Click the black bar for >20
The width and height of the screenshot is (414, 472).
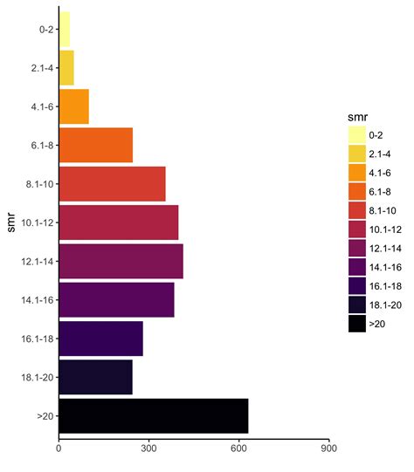(x=154, y=415)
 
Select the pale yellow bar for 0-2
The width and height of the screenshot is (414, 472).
(x=65, y=29)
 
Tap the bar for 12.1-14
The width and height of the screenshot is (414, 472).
(x=121, y=261)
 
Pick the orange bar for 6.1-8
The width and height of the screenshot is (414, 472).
(x=96, y=145)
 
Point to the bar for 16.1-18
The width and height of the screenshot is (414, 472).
(x=101, y=339)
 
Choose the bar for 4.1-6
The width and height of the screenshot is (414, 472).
(x=74, y=106)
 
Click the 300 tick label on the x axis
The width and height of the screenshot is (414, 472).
(x=148, y=449)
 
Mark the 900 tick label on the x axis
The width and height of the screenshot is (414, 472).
(x=329, y=449)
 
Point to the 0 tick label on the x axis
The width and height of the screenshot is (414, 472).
(x=59, y=449)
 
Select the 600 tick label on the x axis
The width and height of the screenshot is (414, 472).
(x=239, y=449)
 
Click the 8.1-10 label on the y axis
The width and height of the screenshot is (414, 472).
(x=38, y=184)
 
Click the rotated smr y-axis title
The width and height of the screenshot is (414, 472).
(x=10, y=222)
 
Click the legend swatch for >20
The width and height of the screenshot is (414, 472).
(x=356, y=323)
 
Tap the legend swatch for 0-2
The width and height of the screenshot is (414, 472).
(x=356, y=134)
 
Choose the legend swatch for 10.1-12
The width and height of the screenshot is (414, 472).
(x=356, y=229)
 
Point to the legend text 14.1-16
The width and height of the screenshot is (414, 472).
(x=384, y=266)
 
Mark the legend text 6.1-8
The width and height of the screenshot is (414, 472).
(x=382, y=191)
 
